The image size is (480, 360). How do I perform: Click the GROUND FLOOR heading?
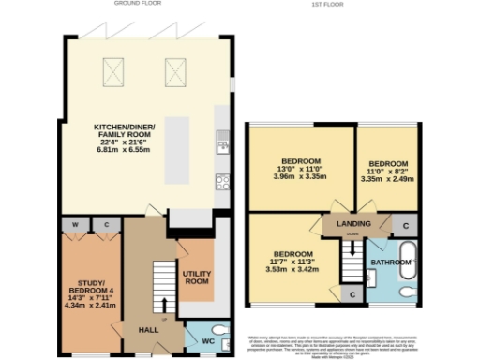tap(134, 4)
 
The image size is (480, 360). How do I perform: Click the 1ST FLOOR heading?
tap(327, 4)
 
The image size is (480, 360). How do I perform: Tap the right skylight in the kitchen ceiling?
tap(174, 67)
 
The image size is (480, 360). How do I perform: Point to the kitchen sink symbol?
tap(223, 142)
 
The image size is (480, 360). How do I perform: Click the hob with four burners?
tap(223, 179)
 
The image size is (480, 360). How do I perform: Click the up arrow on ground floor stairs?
tap(167, 305)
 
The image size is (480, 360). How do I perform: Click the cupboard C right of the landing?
tap(404, 226)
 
